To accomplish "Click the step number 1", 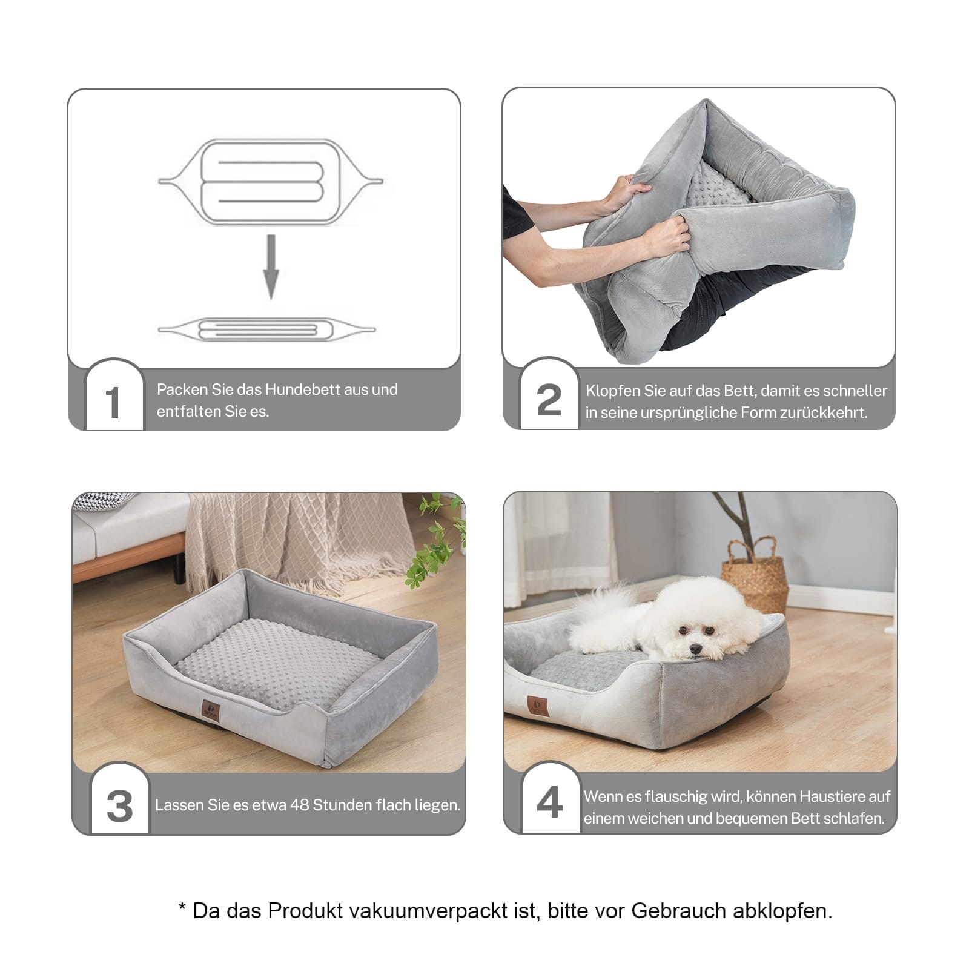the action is point(113,402).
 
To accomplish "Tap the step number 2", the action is point(549,400).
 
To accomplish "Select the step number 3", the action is point(120,806).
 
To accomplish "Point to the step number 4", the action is point(550,802).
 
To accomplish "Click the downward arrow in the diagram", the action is point(271,266).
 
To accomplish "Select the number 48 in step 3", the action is point(300,805).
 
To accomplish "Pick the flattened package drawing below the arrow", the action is point(267,330).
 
